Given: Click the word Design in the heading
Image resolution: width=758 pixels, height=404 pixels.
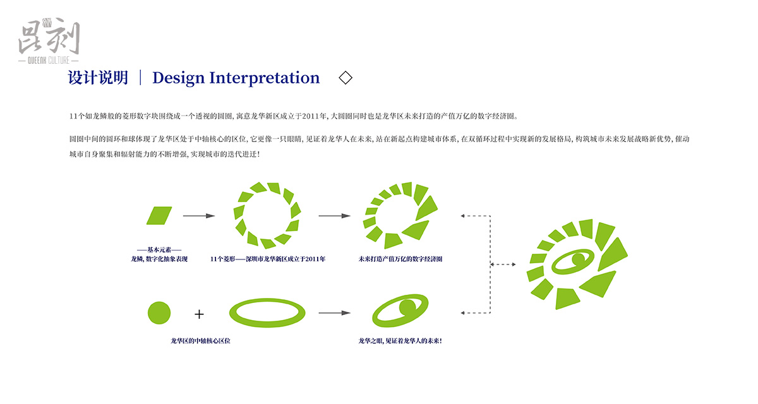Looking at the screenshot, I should click(178, 78).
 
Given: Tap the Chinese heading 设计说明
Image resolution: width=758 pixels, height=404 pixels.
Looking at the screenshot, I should click(98, 78).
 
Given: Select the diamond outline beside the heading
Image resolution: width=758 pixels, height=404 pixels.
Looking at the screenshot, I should click(346, 78).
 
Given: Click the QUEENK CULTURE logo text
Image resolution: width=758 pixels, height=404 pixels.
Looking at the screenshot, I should click(49, 61).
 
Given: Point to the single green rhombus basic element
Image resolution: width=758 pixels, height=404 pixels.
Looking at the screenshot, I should click(159, 215).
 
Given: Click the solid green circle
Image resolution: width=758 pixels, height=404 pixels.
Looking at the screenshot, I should click(159, 312).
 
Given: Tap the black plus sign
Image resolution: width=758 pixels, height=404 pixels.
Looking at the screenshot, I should click(199, 313).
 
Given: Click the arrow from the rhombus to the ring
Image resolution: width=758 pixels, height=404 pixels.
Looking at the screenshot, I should click(199, 216).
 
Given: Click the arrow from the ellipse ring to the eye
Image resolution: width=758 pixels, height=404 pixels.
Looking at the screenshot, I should click(334, 312).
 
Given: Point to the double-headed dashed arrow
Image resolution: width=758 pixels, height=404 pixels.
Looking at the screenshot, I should click(503, 264).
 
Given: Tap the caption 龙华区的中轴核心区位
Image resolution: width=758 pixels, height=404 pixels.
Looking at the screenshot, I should click(200, 341).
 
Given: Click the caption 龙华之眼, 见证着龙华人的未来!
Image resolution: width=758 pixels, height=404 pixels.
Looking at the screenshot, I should click(400, 341).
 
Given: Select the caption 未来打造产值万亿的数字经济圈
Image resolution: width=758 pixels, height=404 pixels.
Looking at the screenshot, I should click(400, 259).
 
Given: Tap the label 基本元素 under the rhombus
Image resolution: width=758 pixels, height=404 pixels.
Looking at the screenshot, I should click(159, 250).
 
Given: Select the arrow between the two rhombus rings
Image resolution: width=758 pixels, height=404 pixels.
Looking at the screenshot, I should click(334, 216).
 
